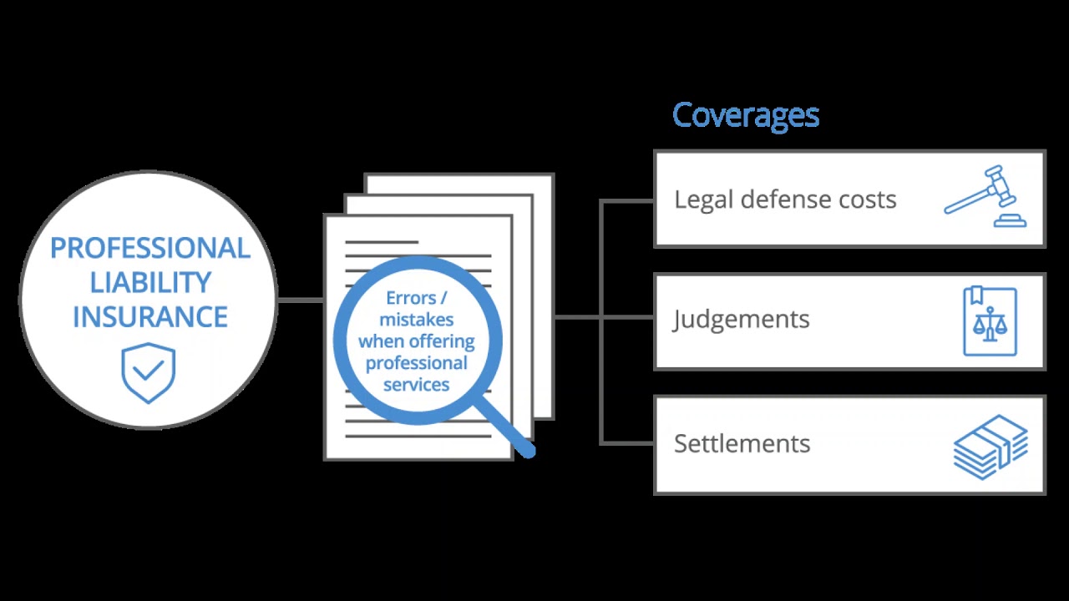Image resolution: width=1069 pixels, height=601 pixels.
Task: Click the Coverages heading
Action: (745, 115)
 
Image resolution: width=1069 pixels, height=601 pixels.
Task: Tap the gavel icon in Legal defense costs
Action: (985, 196)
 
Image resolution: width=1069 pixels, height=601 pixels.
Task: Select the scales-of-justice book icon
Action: (990, 321)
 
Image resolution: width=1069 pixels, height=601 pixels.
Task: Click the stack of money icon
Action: (990, 447)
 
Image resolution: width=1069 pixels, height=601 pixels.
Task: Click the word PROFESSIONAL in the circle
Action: (149, 248)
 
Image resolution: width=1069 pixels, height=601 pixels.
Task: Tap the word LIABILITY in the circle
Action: (149, 282)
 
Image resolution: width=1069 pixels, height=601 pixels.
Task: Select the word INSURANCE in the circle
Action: (149, 317)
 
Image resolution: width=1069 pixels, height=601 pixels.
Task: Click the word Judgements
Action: (741, 320)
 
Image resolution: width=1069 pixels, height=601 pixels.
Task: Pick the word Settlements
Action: (742, 443)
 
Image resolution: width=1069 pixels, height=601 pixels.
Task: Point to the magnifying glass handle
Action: (509, 431)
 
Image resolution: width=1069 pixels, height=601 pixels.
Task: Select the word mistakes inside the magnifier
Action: (416, 320)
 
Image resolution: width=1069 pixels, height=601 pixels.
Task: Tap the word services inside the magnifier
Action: (416, 385)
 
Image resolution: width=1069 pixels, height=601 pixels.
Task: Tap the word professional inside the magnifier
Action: (416, 363)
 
